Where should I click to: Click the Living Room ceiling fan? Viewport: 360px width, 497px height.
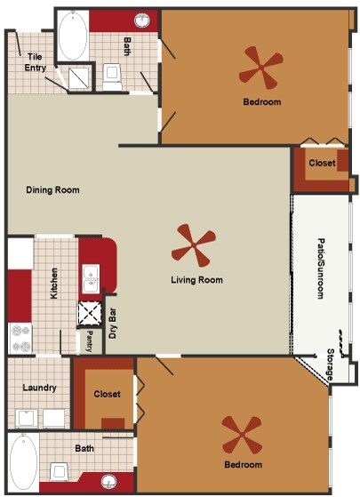(194, 245)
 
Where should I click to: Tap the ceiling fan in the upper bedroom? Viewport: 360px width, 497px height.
(261, 68)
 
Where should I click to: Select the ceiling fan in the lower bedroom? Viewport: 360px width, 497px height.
(242, 435)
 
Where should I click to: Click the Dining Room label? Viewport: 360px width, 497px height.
(52, 190)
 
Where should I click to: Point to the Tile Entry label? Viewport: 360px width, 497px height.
(35, 62)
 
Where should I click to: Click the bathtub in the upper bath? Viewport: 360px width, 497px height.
(73, 36)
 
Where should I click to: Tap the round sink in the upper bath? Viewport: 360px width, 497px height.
(142, 20)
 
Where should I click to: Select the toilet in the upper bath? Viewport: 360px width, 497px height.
(112, 77)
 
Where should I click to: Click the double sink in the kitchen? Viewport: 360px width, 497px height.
(91, 279)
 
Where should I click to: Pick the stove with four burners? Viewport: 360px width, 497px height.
(20, 338)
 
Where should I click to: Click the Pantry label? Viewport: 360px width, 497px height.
(90, 341)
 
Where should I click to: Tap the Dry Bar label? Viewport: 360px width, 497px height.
(113, 324)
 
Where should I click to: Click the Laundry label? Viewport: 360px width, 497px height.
(40, 388)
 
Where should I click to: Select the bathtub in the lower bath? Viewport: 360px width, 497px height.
(23, 462)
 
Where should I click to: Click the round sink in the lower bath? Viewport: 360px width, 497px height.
(109, 482)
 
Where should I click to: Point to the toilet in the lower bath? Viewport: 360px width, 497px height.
(60, 471)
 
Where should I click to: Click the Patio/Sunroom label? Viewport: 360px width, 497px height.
(321, 269)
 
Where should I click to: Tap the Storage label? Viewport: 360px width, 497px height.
(330, 365)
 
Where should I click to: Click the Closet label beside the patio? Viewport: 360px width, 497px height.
(322, 163)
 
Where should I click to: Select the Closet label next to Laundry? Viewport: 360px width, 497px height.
(108, 394)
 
